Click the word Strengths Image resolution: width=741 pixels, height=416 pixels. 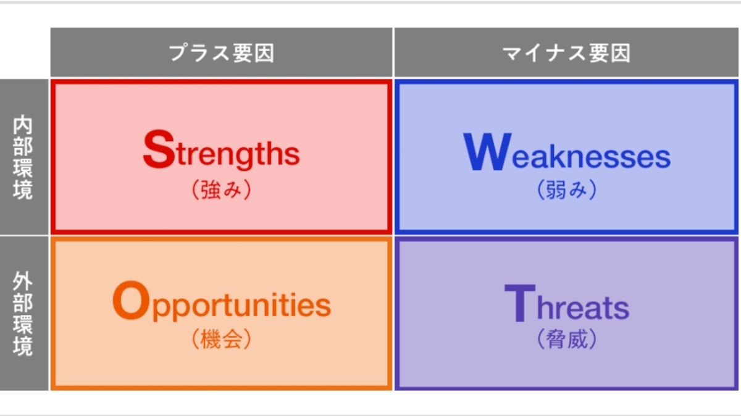[221, 151]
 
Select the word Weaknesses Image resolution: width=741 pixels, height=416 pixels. [567, 152]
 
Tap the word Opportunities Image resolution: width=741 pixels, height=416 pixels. [222, 302]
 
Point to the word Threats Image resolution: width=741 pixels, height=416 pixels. [567, 303]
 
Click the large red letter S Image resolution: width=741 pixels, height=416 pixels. [159, 149]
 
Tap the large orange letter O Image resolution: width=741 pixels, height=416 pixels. [131, 300]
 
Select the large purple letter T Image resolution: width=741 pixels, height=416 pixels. [520, 302]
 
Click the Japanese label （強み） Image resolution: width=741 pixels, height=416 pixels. [222, 190]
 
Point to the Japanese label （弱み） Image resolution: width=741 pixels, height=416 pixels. [567, 189]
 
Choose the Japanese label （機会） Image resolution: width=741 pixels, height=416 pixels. [222, 339]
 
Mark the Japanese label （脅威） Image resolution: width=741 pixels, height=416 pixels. [567, 339]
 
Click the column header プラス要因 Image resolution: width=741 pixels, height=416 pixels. [222, 53]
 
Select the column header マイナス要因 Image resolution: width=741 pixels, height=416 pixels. [567, 53]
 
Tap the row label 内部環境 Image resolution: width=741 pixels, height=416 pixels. [23, 157]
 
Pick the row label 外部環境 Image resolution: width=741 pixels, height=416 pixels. [23, 313]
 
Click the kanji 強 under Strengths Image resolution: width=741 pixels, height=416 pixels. [211, 190]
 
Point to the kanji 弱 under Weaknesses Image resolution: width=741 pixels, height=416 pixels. [556, 189]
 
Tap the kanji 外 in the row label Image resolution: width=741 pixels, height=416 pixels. [23, 281]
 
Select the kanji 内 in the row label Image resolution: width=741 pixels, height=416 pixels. [23, 124]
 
